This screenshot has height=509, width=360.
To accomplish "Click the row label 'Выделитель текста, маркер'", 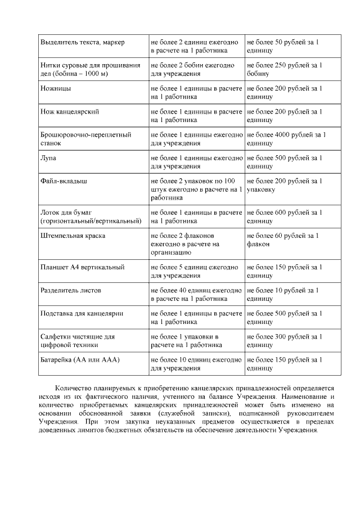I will click(x=83, y=42).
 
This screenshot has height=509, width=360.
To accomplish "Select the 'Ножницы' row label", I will click(x=56, y=89).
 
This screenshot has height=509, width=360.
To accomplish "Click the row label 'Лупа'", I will click(x=48, y=158).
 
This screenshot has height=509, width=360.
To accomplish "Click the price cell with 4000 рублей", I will click(x=286, y=139).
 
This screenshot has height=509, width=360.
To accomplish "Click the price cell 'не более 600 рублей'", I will click(x=285, y=217).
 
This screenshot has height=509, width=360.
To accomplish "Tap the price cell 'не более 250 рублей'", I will click(x=285, y=69).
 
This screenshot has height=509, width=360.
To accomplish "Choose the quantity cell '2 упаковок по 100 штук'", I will click(x=196, y=190).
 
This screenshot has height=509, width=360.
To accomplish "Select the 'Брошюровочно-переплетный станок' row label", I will click(x=86, y=139).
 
